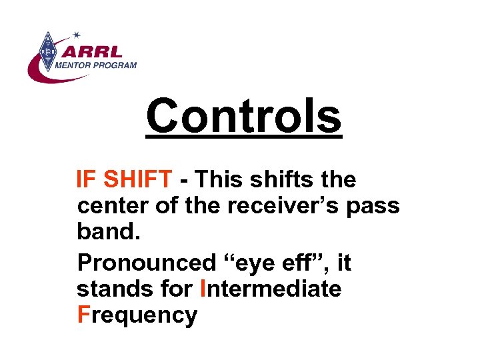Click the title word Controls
[x=243, y=115]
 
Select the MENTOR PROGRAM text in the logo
[x=95, y=65]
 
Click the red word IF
[x=85, y=179]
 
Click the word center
[x=113, y=207]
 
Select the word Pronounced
[x=146, y=263]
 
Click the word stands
[x=110, y=289]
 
